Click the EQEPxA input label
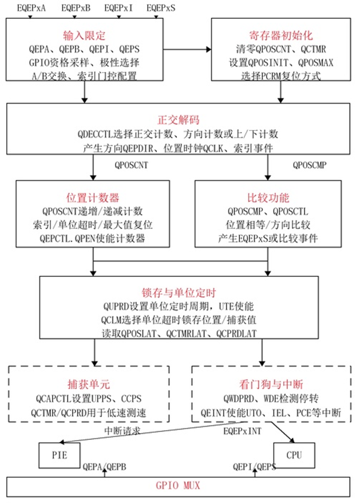tap(31, 7)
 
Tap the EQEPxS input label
tap(161, 7)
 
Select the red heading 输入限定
tap(84, 35)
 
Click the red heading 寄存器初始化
tap(281, 35)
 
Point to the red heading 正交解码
tap(179, 120)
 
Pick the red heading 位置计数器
tap(93, 197)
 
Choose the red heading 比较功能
tap(268, 197)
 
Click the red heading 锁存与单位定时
tap(179, 292)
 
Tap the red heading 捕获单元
tap(89, 384)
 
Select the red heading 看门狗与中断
tap(271, 384)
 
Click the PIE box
tap(59, 455)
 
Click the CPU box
tap(294, 455)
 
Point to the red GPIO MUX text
tap(178, 485)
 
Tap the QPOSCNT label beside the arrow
tap(131, 165)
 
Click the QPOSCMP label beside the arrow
tap(310, 165)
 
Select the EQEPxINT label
tap(242, 431)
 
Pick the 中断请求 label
tap(122, 431)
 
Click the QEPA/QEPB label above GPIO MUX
tap(104, 467)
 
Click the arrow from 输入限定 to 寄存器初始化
tap(187, 49)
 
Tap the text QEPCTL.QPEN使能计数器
tap(92, 239)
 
